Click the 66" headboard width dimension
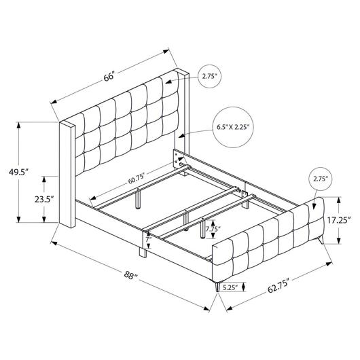pyautogui.click(x=109, y=77)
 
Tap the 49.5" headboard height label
pyautogui.click(x=18, y=172)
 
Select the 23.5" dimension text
pyautogui.click(x=44, y=199)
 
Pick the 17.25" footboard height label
pyautogui.click(x=339, y=220)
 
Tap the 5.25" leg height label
pyautogui.click(x=230, y=287)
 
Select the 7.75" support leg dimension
pyautogui.click(x=213, y=229)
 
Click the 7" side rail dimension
pyautogui.click(x=149, y=239)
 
